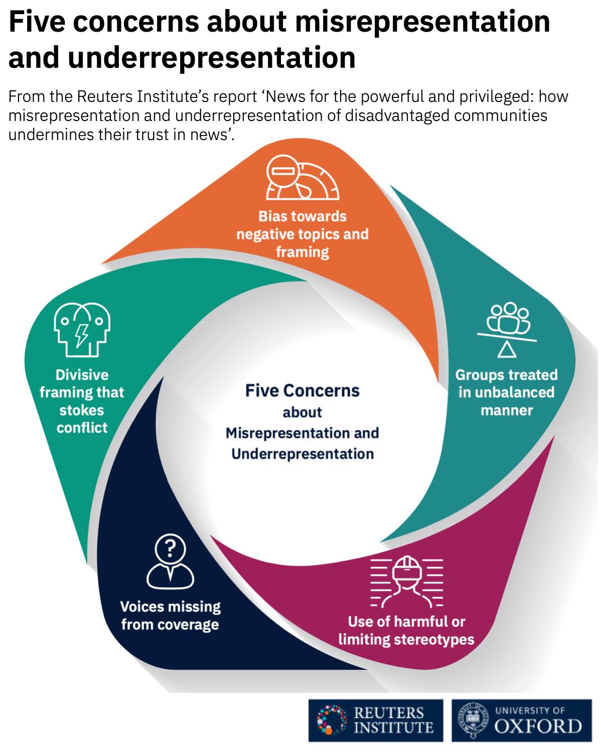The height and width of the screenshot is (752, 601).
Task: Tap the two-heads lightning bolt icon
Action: point(82,329)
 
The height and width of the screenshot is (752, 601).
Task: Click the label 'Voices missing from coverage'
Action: point(170,615)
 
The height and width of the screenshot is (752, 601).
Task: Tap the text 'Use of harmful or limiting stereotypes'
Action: point(406,631)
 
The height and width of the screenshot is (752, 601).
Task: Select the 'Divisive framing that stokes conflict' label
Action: point(82,401)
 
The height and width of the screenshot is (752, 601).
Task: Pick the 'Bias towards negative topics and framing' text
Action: point(302,234)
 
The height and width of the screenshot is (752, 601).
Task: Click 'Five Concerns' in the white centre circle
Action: point(302,391)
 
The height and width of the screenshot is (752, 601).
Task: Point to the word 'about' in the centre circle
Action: point(302,412)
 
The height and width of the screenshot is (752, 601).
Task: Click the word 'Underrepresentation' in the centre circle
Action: point(302,454)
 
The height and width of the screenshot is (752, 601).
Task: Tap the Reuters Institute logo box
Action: point(376,720)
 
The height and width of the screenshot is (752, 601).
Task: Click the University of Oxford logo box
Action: point(522,720)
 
